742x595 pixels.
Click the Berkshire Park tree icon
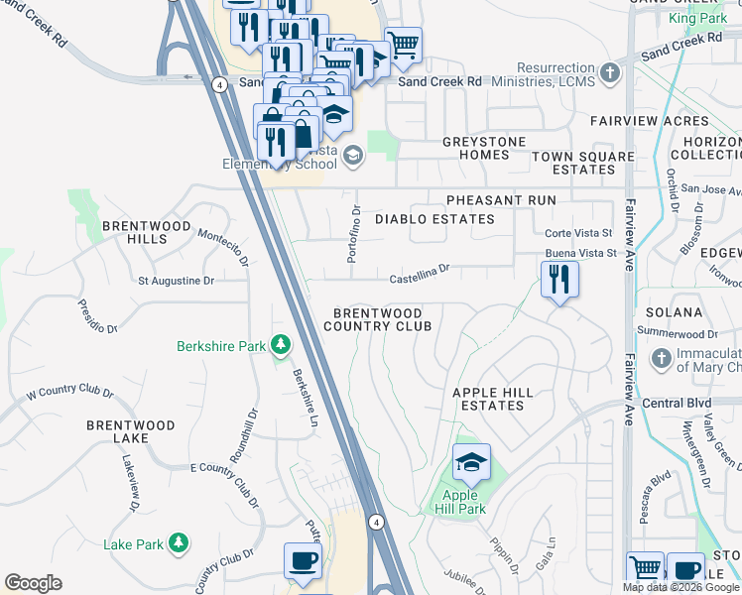[282, 345]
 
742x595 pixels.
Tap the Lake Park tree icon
[179, 543]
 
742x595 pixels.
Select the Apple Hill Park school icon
[471, 462]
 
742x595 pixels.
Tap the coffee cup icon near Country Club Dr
[303, 561]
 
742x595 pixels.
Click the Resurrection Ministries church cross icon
[610, 73]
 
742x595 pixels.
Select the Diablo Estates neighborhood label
[434, 219]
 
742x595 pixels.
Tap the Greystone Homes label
[484, 148]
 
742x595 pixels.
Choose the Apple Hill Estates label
[501, 399]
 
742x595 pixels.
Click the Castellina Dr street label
[420, 268]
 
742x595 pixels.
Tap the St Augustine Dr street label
[176, 281]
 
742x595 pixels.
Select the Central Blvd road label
[677, 404]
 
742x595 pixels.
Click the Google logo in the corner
[33, 583]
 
